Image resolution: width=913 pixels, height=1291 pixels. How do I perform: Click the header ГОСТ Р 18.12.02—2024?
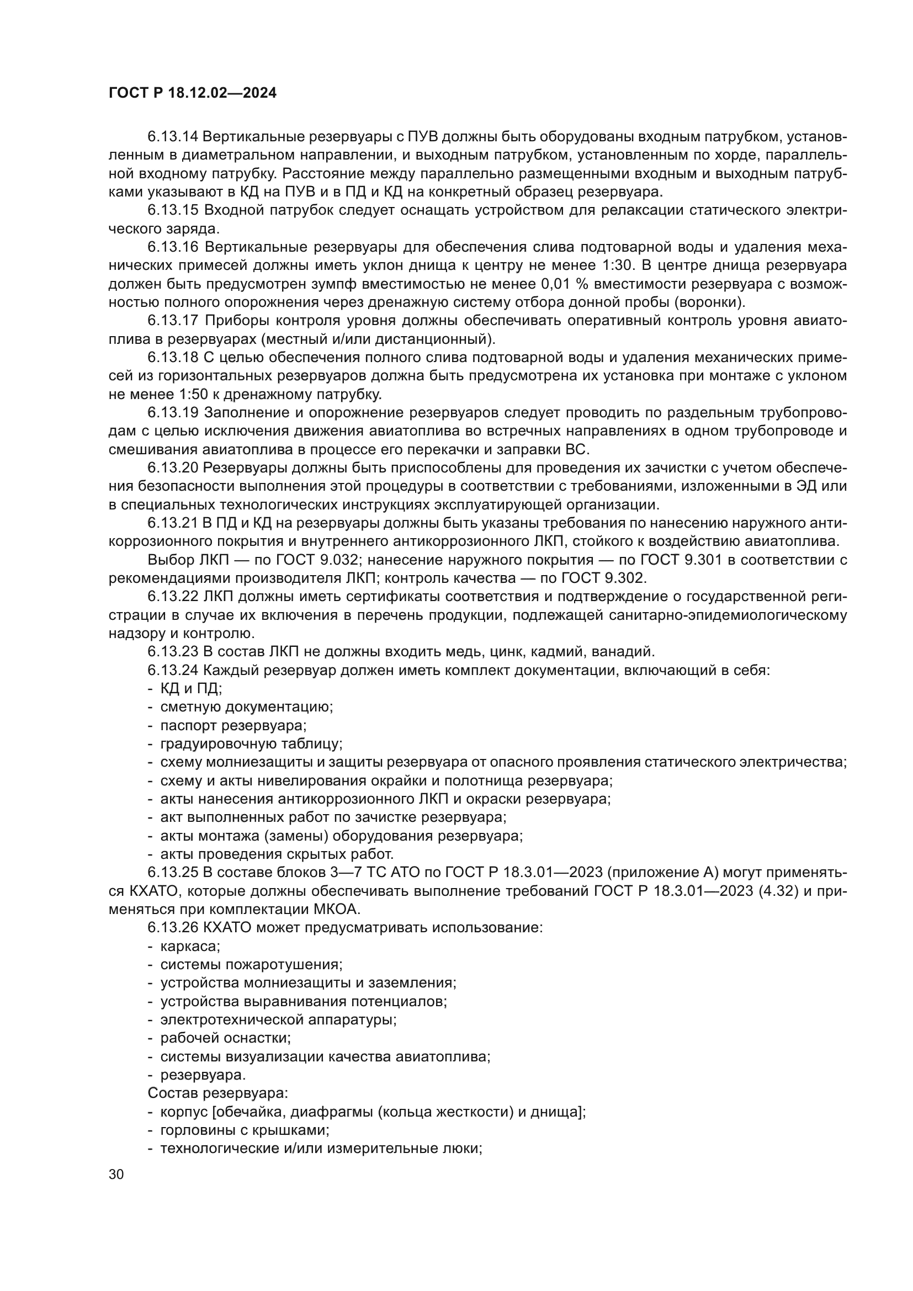(x=192, y=93)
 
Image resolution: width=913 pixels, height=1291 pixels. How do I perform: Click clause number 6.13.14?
(x=173, y=136)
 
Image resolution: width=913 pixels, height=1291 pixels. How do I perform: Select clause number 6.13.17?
(x=173, y=321)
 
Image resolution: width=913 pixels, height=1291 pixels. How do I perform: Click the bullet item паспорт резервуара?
(x=233, y=725)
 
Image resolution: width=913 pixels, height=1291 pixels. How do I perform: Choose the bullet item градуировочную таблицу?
(x=251, y=744)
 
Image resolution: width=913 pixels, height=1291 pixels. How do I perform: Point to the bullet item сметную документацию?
(x=247, y=707)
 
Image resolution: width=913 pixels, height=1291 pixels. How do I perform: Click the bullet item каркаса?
(x=190, y=947)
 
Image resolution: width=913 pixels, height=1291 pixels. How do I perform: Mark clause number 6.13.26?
(x=173, y=928)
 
